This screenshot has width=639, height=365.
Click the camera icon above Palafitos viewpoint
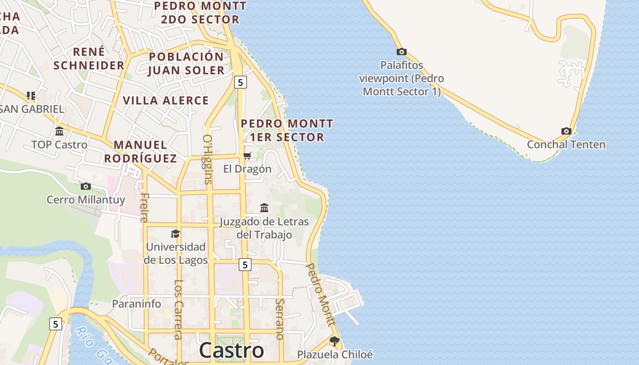(402, 52)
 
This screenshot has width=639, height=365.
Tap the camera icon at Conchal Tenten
(566, 131)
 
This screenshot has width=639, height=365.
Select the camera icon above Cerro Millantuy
(85, 186)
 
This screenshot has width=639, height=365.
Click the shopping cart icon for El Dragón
(247, 156)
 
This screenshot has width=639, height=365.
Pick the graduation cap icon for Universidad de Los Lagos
(175, 234)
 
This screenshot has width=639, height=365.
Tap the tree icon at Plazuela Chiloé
(335, 341)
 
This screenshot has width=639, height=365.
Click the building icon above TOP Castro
(59, 132)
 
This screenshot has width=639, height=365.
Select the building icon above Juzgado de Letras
(264, 208)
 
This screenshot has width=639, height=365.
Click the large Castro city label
(231, 350)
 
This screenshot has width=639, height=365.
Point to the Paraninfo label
(136, 304)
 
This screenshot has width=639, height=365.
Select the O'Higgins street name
(208, 159)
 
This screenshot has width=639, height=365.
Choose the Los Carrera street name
(178, 309)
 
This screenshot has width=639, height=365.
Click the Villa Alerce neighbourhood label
(166, 100)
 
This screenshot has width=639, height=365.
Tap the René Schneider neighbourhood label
(89, 58)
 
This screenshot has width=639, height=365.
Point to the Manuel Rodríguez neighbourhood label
(140, 151)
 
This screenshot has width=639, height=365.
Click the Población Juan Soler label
(186, 63)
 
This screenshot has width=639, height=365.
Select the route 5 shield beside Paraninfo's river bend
(56, 324)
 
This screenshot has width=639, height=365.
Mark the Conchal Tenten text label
(566, 145)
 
